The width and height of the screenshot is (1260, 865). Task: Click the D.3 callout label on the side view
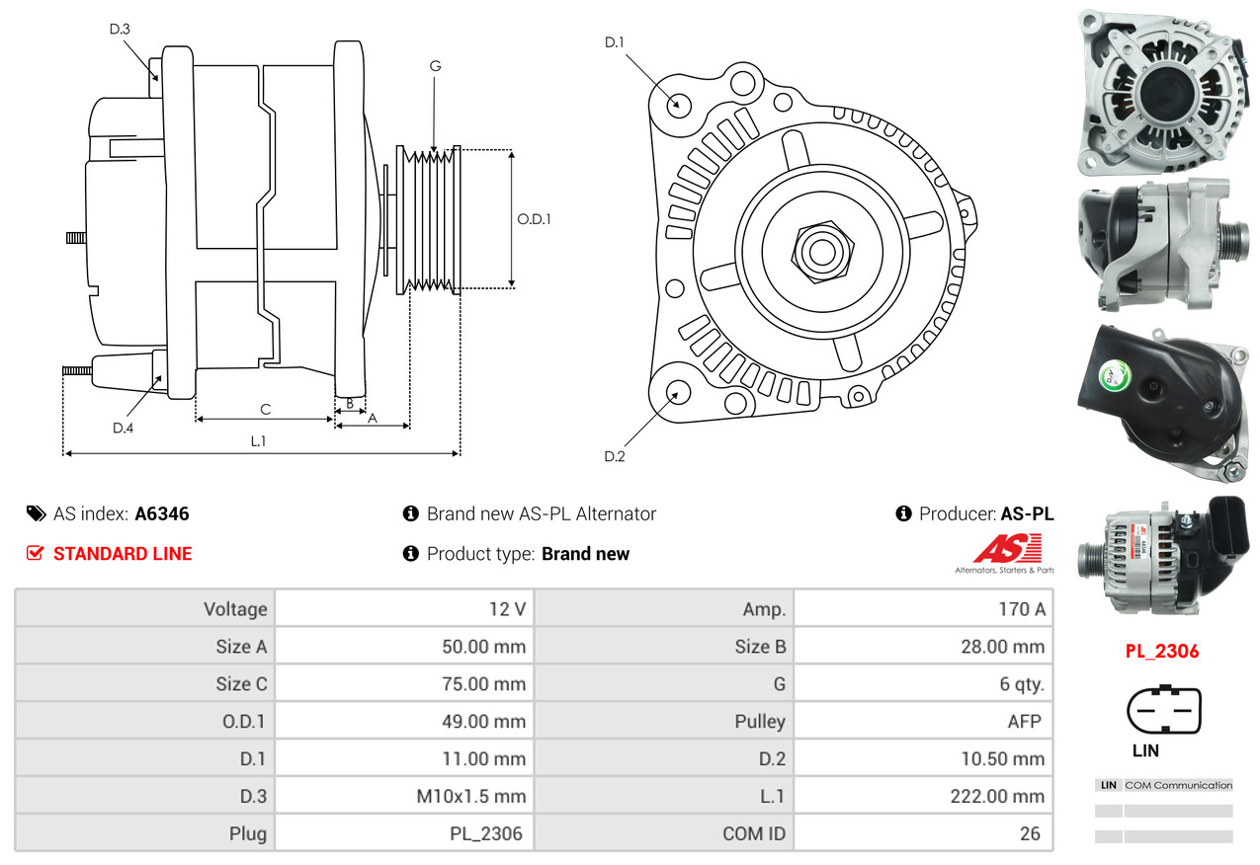(x=120, y=29)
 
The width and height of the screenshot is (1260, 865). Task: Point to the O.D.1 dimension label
(x=534, y=219)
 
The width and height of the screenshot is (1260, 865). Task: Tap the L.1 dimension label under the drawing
(x=258, y=441)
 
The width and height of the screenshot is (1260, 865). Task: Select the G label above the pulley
(x=435, y=66)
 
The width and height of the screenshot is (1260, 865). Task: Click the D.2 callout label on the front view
(x=615, y=456)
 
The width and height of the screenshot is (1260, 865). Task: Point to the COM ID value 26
(x=1030, y=833)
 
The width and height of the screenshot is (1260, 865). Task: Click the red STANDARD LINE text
(x=123, y=554)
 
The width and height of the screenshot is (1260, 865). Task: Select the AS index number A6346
(x=162, y=513)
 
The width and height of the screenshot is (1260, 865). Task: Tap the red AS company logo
(x=1007, y=549)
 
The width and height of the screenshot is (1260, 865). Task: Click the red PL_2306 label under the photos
(x=1162, y=652)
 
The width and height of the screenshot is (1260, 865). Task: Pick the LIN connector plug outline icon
(x=1163, y=711)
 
